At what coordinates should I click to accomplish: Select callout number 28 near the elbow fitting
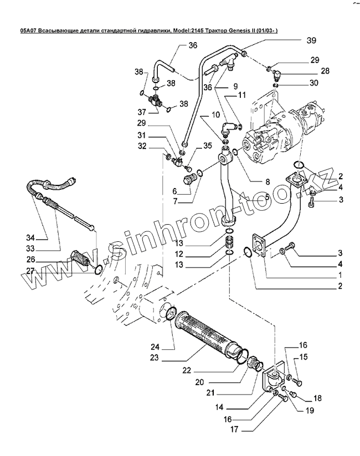(326, 71)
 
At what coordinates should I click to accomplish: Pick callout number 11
(241, 96)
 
